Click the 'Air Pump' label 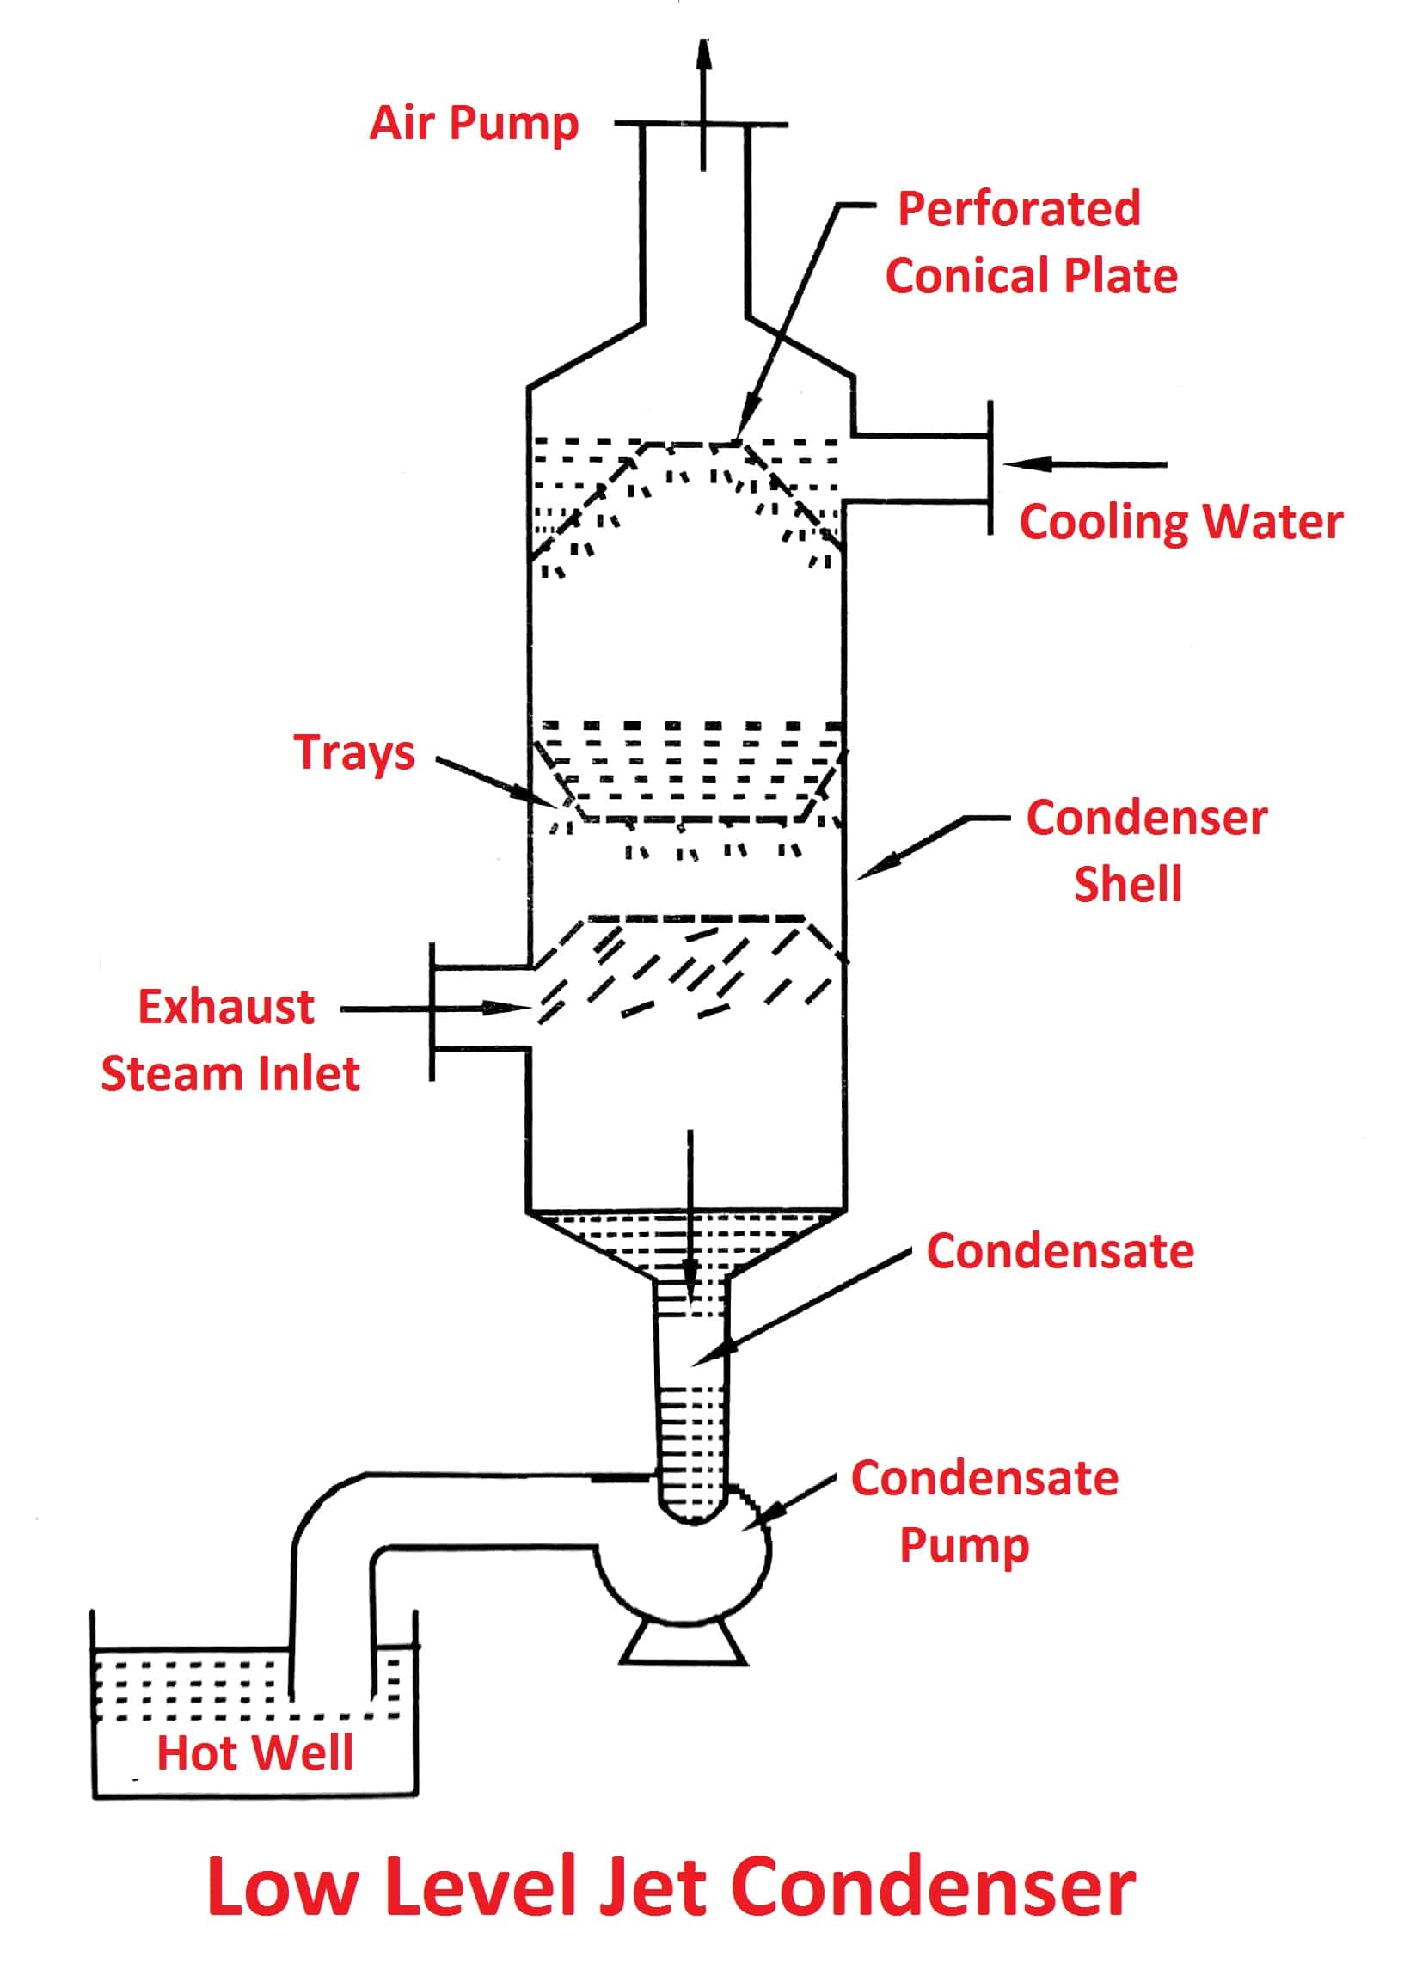(473, 123)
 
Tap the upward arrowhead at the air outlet (703, 54)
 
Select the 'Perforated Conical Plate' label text (1030, 242)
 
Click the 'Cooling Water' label (1180, 523)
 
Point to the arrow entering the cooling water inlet (1085, 464)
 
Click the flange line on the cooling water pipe (990, 467)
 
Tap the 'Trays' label (353, 752)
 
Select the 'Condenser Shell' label (1145, 850)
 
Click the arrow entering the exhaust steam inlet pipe (434, 1009)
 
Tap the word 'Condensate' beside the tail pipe (1059, 1251)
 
